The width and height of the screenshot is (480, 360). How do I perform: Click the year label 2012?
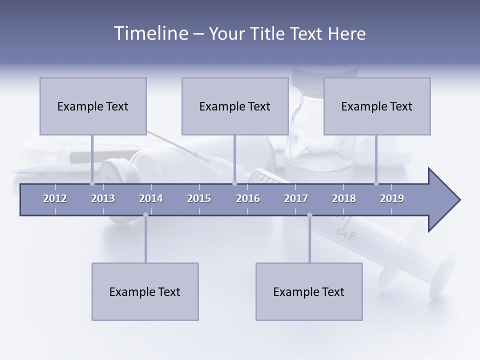point(55,198)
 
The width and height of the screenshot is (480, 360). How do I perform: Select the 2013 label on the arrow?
point(103,198)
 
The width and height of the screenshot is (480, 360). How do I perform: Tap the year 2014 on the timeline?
point(151,198)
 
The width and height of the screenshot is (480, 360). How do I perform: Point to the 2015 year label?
point(199,198)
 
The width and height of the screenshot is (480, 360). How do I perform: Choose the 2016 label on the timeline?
point(248,198)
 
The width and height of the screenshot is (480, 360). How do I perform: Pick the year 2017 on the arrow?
point(296,198)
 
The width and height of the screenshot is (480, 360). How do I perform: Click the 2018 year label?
point(344,198)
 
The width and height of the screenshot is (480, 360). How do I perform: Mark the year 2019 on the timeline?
point(392,198)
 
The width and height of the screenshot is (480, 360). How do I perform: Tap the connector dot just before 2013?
point(92,183)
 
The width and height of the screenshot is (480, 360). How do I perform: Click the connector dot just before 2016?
point(234,183)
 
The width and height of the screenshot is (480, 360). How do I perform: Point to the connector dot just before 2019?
point(376,183)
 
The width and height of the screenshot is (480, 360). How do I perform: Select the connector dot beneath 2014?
point(145,215)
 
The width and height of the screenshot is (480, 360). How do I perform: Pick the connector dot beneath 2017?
point(309,215)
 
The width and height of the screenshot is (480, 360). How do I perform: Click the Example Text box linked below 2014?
point(145,291)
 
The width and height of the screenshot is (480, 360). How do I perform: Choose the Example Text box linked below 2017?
point(309,291)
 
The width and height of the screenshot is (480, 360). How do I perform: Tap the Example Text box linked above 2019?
point(377,106)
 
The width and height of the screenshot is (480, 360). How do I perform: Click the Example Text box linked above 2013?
point(93,106)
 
